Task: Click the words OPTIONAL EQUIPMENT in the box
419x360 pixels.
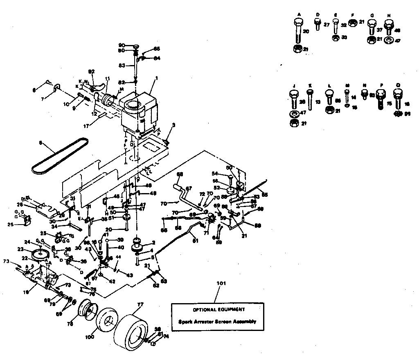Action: coord(217,309)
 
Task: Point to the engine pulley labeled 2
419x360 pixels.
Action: coord(136,245)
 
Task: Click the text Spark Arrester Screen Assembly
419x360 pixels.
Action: coord(217,322)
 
